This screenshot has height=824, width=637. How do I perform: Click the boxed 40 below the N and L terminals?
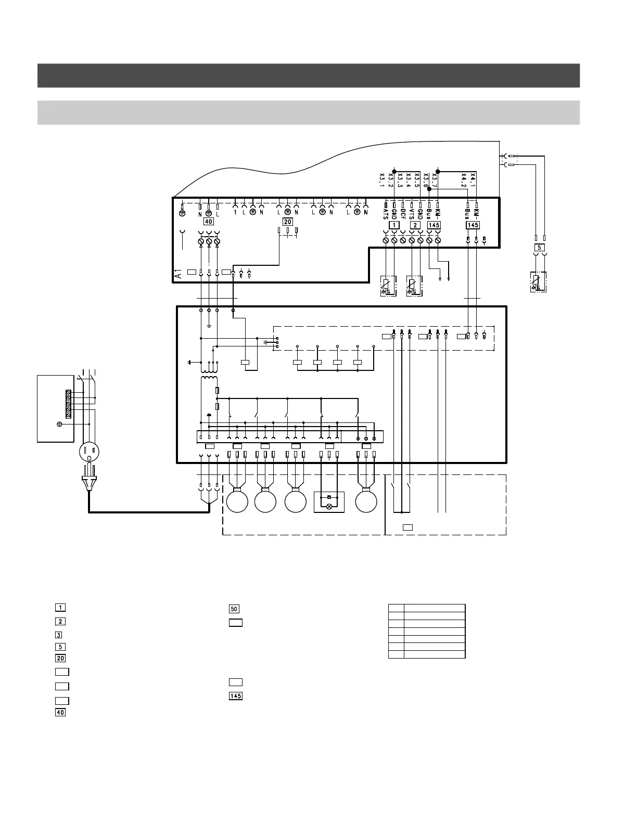click(208, 222)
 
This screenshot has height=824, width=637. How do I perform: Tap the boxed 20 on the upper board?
click(288, 222)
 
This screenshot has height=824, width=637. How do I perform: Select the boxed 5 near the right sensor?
click(540, 247)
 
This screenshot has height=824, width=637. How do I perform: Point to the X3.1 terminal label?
click(381, 179)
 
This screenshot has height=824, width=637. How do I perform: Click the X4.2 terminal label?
click(464, 179)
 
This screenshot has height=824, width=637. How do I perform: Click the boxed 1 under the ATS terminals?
click(394, 225)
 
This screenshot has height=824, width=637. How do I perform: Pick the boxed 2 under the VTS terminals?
click(415, 225)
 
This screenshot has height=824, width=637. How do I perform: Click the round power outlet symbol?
click(89, 453)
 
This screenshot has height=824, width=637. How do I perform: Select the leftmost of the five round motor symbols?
click(237, 502)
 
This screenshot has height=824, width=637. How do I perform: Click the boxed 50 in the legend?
click(234, 609)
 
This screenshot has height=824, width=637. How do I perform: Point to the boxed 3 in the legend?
click(60, 635)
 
